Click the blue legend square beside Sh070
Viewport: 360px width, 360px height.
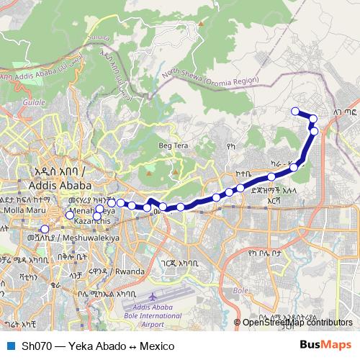[10, 346]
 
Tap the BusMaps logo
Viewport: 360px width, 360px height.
[325, 346]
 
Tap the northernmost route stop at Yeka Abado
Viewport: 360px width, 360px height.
[295, 110]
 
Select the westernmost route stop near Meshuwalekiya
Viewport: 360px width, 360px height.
[45, 230]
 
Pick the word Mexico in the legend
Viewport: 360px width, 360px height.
[158, 346]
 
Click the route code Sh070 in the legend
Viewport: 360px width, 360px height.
[35, 346]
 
